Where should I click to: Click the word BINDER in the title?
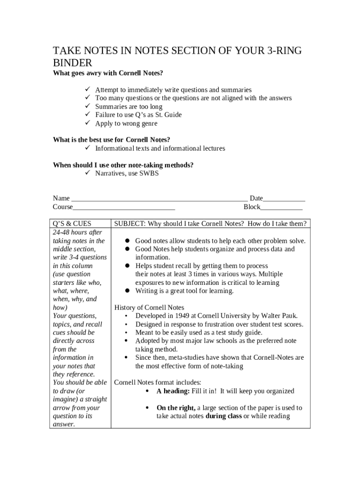click(72, 63)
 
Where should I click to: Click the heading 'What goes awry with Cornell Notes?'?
click(108, 73)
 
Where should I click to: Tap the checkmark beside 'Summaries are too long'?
click(87, 107)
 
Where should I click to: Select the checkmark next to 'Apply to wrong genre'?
click(87, 123)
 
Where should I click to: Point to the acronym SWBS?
click(150, 174)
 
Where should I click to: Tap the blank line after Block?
click(281, 207)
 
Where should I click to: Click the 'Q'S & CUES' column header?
click(72, 224)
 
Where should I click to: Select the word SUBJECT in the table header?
click(129, 224)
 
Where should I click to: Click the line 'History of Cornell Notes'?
click(149, 307)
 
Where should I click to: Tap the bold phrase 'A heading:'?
click(173, 391)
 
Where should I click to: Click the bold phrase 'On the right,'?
click(176, 408)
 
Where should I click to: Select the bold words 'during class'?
click(223, 416)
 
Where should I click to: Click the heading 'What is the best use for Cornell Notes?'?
click(111, 140)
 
